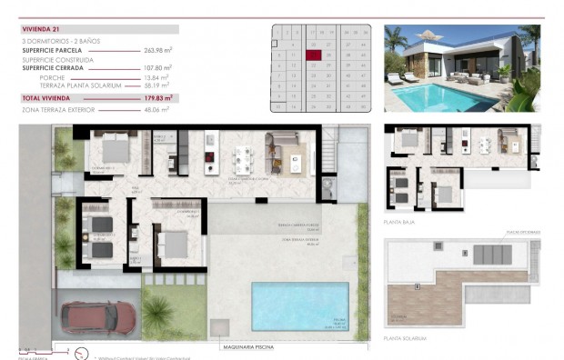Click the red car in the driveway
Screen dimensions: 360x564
point(97,317)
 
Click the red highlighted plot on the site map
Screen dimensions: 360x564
point(314,55)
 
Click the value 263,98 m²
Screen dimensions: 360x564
point(156,51)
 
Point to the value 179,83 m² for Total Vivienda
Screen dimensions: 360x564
point(156,96)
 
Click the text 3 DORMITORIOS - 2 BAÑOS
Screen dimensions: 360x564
point(60,41)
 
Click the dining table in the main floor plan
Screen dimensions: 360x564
point(244,160)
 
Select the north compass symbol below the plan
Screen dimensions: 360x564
point(81,353)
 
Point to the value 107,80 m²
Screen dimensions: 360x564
point(156,67)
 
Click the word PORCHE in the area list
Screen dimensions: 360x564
point(52,78)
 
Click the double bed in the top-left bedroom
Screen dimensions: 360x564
point(116,148)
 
